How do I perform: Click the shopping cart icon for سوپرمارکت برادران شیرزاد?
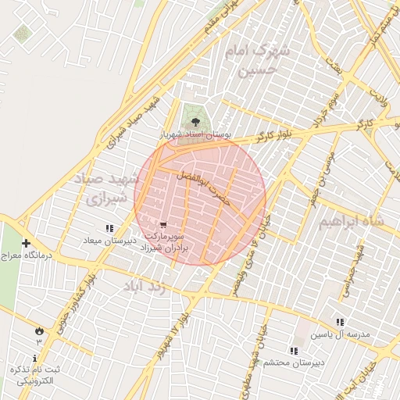click(162, 224)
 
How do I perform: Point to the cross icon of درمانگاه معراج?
click(27, 243)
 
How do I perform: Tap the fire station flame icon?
click(38, 330)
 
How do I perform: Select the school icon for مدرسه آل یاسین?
click(339, 322)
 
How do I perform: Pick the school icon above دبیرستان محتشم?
click(294, 351)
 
